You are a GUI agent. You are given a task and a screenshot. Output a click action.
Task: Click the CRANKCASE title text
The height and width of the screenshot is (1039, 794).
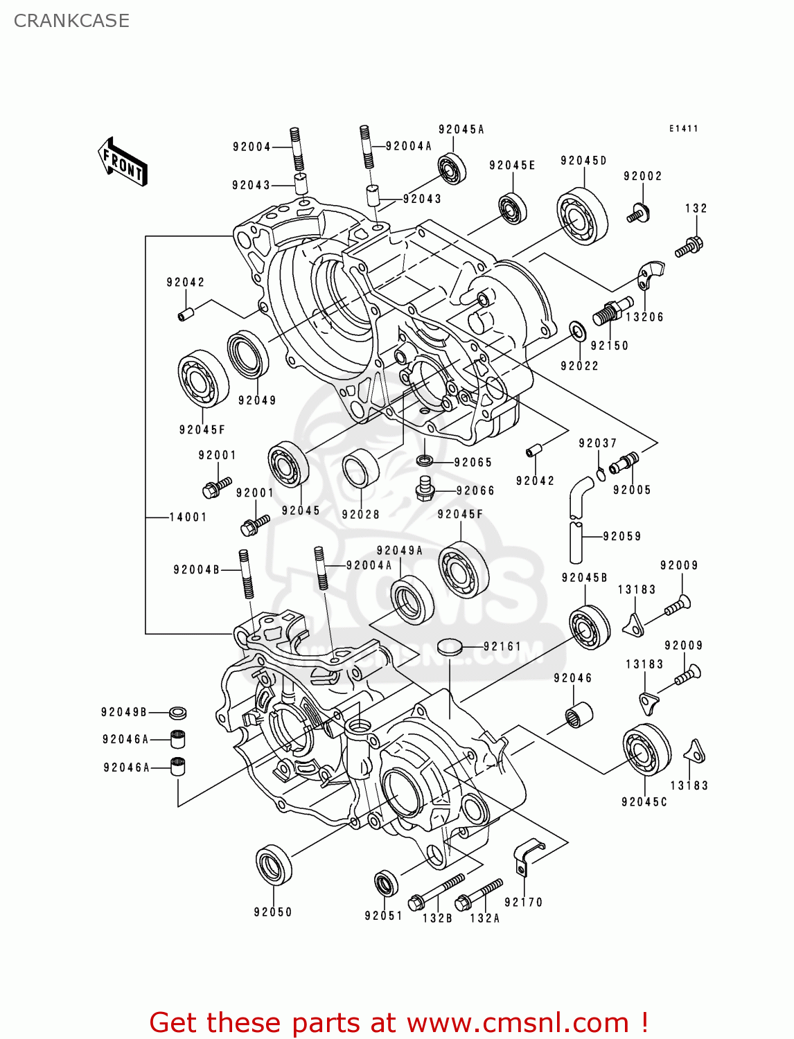tap(71, 21)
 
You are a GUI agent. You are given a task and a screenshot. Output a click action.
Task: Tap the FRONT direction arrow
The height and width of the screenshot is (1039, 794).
tap(123, 162)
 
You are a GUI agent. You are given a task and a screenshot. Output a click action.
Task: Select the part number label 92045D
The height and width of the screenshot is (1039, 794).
tap(583, 161)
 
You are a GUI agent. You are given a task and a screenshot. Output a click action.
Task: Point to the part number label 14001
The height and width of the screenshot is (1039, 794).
tap(188, 517)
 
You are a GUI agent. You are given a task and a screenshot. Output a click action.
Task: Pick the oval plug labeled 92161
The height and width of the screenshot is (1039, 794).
tap(449, 647)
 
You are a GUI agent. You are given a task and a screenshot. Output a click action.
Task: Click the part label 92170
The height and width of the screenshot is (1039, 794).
tap(523, 902)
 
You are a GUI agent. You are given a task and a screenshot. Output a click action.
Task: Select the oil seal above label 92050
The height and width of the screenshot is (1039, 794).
tap(274, 864)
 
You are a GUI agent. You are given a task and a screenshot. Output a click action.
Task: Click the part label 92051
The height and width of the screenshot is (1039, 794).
tap(383, 916)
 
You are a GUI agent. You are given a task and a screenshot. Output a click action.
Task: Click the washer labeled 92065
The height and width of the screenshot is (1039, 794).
tap(425, 460)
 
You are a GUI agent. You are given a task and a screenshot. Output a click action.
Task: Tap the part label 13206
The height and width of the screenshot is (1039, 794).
tap(644, 317)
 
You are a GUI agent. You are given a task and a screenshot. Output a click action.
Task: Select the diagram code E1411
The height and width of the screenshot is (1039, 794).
tap(683, 129)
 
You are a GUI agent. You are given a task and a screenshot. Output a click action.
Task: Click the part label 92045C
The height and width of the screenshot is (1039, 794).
tap(644, 801)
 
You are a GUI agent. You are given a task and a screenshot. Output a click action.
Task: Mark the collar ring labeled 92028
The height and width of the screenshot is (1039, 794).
tap(361, 470)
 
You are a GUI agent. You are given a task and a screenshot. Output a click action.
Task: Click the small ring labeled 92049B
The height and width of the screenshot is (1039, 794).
tap(178, 712)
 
